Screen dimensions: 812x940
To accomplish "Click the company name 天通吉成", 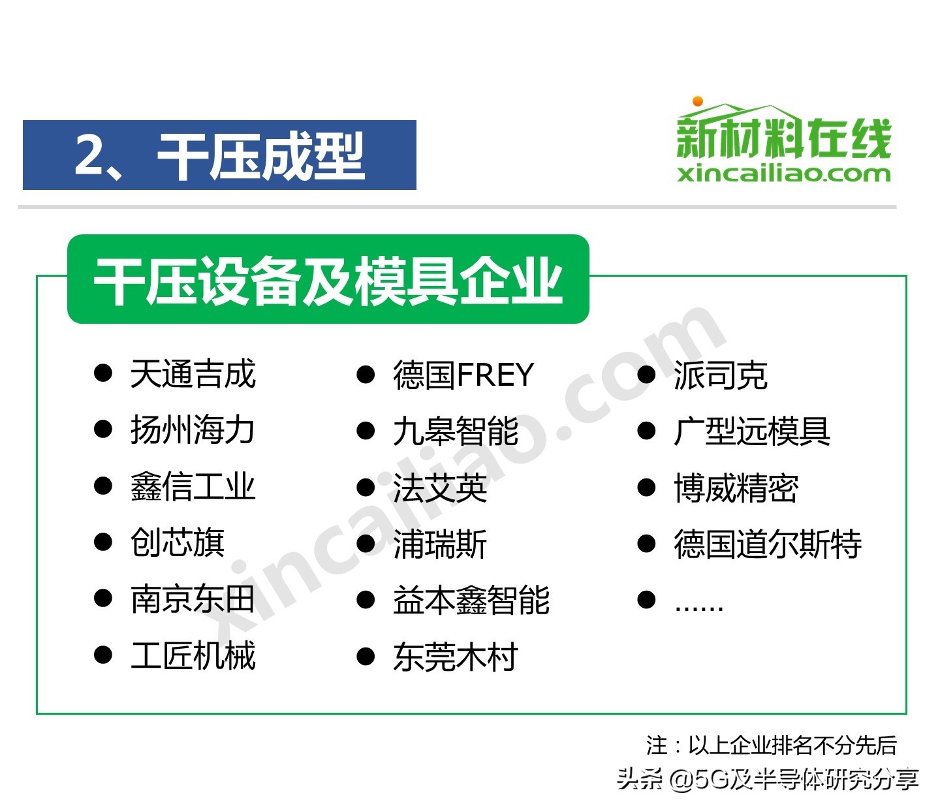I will (193, 375).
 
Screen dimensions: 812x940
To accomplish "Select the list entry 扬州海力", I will (193, 431).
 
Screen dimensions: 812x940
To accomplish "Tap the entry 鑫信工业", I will (193, 487).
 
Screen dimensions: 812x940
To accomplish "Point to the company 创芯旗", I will (177, 543).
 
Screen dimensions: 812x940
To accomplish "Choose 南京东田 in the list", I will (193, 599).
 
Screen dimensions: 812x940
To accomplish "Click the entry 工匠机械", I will (193, 655).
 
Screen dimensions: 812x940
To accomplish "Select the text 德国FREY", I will (463, 375).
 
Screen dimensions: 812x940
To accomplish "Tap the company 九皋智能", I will (456, 431).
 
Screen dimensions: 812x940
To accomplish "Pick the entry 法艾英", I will (440, 488).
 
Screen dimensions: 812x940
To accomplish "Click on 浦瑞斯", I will (440, 544).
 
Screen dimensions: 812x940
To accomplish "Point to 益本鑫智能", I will (471, 600).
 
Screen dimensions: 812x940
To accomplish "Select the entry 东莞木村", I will (456, 657).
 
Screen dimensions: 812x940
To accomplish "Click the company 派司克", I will (721, 375).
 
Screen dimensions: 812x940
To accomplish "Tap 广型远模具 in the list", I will (752, 431).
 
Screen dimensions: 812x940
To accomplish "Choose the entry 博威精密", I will (736, 488).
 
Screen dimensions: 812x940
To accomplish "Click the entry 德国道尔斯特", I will (768, 544).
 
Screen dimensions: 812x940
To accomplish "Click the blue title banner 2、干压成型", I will (219, 155).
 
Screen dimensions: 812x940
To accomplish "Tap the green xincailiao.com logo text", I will (784, 174).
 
